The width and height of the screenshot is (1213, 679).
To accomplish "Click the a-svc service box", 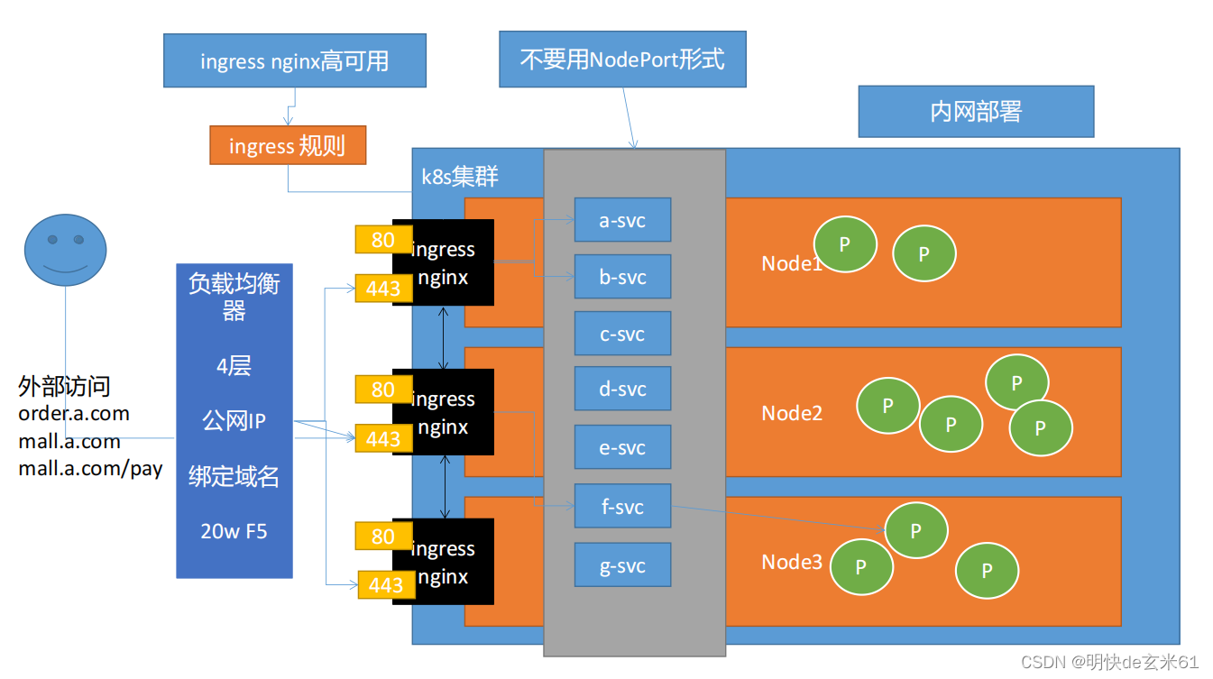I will point(622,220).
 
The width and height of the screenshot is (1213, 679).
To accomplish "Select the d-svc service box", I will point(622,389).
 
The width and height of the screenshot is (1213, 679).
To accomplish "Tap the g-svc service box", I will point(622,566).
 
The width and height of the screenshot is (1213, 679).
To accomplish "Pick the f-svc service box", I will point(622,507).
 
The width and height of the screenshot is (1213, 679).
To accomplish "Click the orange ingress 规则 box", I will point(288,145).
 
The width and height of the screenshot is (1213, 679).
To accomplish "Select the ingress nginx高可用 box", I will point(294,61).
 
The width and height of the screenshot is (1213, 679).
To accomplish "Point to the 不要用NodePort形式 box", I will point(622,60).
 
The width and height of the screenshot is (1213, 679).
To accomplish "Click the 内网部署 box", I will point(976,112).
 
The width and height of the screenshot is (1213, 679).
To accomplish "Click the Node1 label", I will point(792,263).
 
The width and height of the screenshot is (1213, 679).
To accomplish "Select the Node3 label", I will point(792,562).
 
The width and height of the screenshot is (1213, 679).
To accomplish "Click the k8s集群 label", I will point(460,177).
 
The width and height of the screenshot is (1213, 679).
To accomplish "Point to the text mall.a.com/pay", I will point(90,469).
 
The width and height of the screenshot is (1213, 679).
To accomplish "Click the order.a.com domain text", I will point(74,414).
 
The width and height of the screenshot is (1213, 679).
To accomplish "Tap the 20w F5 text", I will point(234,531).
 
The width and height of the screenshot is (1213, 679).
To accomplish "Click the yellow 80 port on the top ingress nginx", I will point(383,240).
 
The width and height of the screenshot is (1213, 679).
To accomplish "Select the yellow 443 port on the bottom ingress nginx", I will point(386,585).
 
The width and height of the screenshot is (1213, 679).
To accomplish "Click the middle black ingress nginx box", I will point(444,413).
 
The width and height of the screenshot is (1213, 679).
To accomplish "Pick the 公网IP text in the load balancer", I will point(234,421).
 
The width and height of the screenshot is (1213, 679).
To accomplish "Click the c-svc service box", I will point(622,334).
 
